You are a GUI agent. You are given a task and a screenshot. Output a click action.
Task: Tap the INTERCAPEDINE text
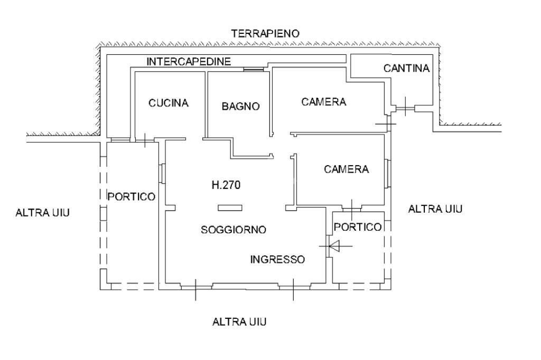(x=189, y=61)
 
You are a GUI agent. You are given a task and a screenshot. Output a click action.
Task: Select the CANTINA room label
(x=407, y=68)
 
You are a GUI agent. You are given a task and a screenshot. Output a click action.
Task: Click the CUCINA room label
(x=168, y=103)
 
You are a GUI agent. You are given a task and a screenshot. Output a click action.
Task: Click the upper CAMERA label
(x=324, y=102)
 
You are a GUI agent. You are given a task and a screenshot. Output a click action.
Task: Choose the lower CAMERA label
(x=346, y=169)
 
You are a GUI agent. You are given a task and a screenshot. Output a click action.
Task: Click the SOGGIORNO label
(x=234, y=230)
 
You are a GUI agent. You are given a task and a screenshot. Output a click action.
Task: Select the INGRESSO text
(x=277, y=259)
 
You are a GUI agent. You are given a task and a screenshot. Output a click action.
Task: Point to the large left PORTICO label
(x=132, y=196)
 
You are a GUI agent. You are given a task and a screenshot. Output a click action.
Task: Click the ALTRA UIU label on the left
(x=43, y=213)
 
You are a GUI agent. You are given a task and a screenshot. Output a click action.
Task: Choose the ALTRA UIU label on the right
(x=436, y=209)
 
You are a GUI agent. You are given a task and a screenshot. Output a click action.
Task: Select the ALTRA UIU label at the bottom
(x=239, y=321)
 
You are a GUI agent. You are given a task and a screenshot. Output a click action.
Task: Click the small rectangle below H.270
(x=230, y=207)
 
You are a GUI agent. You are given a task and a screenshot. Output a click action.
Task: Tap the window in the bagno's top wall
(x=253, y=69)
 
